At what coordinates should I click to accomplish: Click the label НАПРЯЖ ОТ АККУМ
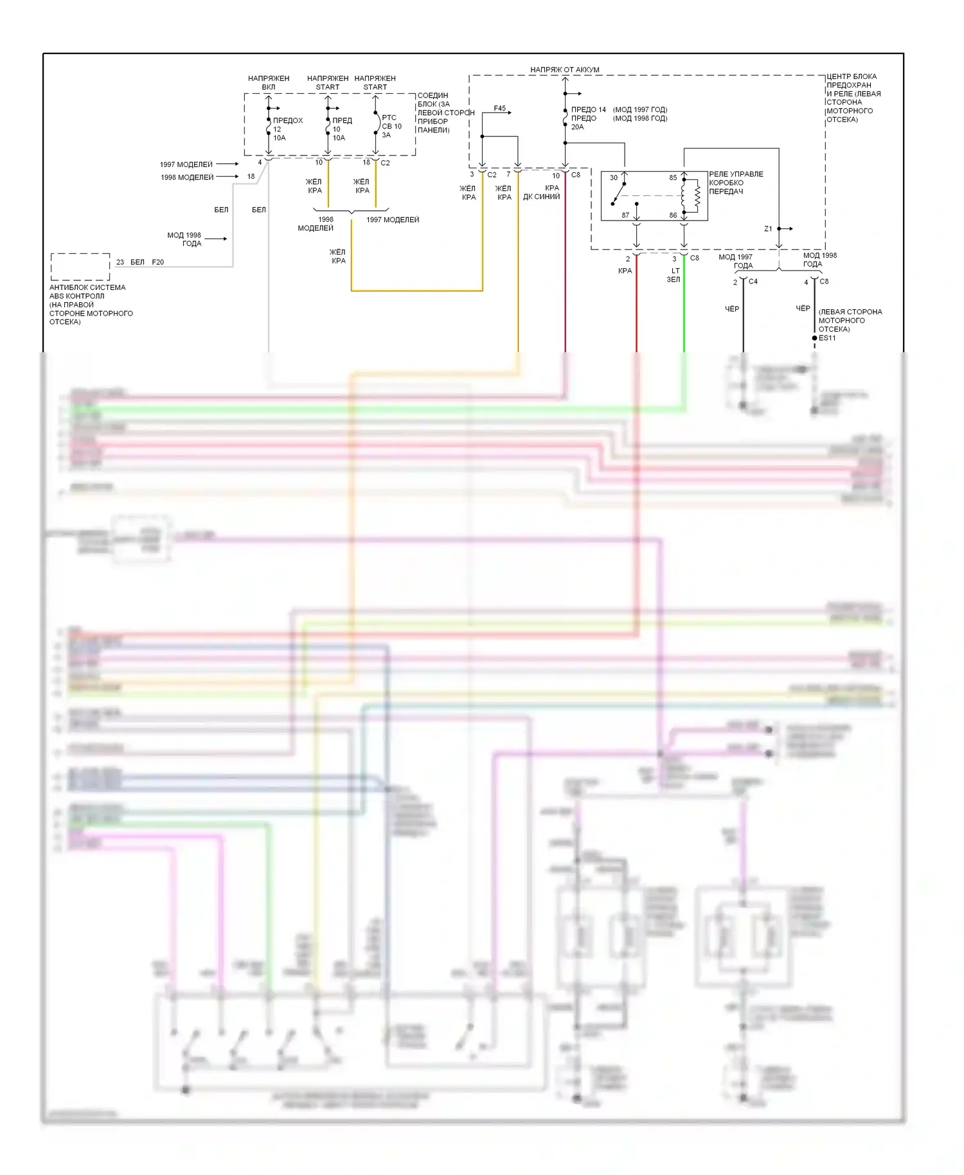(564, 69)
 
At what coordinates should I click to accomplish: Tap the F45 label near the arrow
(499, 109)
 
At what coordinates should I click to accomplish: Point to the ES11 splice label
(827, 338)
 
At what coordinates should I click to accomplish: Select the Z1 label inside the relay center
(768, 229)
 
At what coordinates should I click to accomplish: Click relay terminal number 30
(614, 178)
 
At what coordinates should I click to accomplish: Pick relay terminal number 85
(673, 178)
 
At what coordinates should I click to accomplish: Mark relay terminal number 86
(673, 215)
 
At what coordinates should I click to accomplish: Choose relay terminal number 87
(625, 215)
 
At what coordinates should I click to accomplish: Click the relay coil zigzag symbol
(697, 196)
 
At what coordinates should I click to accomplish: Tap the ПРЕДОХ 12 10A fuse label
(287, 129)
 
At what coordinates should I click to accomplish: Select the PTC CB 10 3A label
(391, 126)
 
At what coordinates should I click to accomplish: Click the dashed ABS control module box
(80, 266)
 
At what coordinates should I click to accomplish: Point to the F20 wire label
(157, 262)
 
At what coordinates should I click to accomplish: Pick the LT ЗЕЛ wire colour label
(674, 275)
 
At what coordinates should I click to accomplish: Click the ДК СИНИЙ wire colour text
(541, 197)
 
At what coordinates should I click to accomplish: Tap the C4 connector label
(753, 282)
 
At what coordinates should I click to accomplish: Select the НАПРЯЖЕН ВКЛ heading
(269, 82)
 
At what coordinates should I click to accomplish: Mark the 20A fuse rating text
(577, 127)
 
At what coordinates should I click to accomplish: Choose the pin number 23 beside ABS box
(120, 262)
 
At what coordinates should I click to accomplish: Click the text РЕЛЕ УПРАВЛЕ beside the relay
(736, 174)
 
